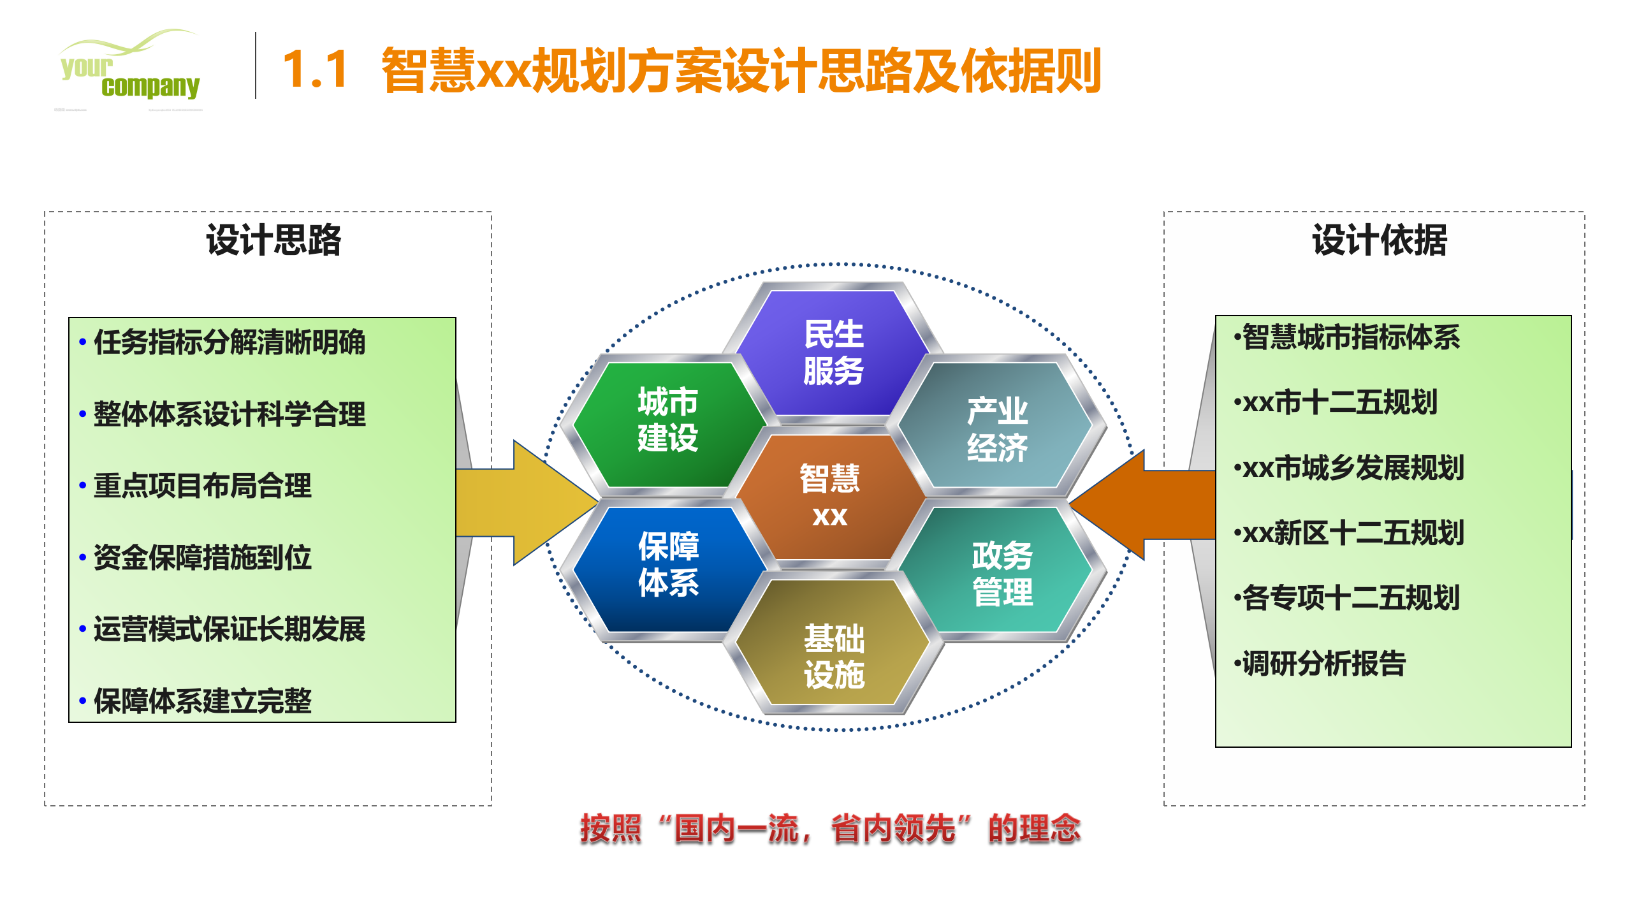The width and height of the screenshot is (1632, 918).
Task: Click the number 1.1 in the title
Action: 315,69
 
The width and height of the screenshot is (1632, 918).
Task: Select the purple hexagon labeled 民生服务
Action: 833,352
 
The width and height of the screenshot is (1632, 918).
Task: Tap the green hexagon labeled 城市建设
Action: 667,421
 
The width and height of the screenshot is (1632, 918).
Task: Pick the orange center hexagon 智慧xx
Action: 829,496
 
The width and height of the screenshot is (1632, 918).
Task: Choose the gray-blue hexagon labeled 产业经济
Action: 997,428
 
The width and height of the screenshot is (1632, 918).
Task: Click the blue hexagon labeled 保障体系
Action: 668,564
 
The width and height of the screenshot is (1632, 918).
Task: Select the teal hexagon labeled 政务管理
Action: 1002,573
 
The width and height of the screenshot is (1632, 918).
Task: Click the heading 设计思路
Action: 273,241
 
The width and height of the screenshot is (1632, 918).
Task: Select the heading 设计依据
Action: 1379,241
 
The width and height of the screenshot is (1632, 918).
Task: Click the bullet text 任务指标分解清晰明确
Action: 229,342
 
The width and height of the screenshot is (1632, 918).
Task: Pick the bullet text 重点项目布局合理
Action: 203,486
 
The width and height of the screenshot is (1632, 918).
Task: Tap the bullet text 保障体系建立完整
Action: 203,701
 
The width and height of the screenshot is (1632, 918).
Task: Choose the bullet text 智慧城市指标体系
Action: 1350,337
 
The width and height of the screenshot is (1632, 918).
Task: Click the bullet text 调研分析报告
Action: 1323,663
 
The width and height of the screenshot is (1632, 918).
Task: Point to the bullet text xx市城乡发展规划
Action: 1353,468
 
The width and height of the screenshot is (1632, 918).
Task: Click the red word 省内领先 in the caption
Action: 892,829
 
